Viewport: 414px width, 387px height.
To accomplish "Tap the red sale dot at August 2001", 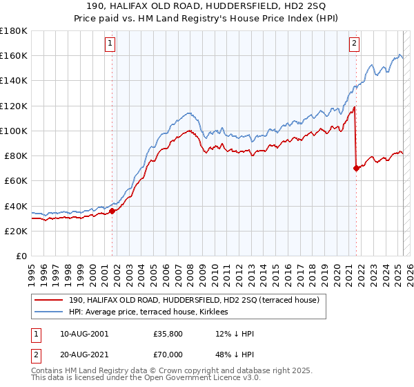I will (x=112, y=211).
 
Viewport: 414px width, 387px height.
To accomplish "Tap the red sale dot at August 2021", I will (x=356, y=168).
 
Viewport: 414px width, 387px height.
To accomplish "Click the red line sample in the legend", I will (x=50, y=301).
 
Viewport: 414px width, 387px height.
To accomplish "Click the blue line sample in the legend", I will (x=50, y=313).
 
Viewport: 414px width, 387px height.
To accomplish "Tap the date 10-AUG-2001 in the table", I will (x=84, y=334).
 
